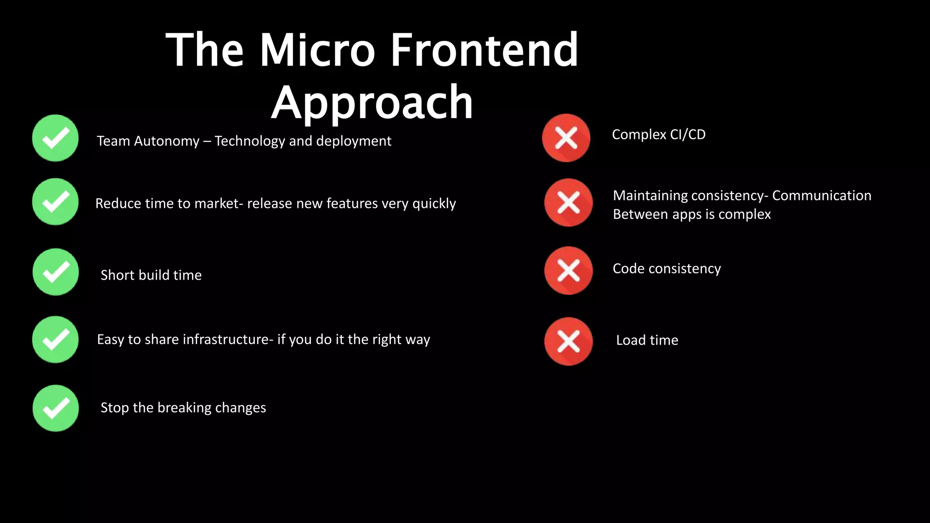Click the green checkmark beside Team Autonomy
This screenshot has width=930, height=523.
[x=55, y=138]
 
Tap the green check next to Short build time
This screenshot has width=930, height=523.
[x=55, y=272]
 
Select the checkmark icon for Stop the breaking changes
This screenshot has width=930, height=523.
[x=55, y=408]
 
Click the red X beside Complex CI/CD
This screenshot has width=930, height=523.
[x=566, y=138]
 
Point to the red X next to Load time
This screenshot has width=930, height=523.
[x=568, y=341]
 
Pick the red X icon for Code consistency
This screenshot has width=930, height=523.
[x=568, y=271]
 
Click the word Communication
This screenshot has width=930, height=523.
[x=821, y=196]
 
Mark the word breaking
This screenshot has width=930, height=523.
[x=184, y=408]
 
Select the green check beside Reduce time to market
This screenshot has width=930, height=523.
[x=55, y=202]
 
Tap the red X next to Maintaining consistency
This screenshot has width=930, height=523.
[x=568, y=202]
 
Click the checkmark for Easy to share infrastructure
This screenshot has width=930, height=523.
[x=55, y=340]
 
